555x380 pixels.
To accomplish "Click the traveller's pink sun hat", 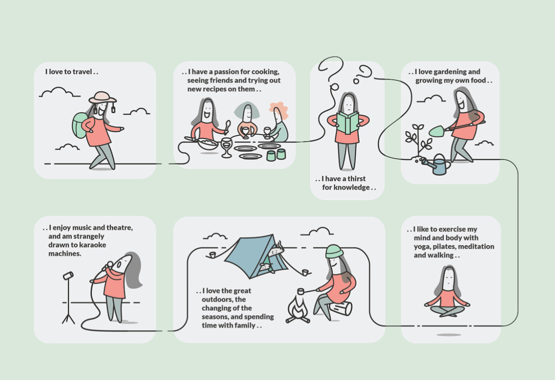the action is pos(102,97).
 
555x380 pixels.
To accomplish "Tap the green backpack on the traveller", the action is pos(79,125).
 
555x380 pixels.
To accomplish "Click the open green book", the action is pos(348,123).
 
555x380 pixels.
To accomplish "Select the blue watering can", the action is pos(437,165).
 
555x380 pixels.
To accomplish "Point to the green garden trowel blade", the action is pos(437,131).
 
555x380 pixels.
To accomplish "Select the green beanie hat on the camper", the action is pos(334,251).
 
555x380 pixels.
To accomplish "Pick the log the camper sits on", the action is pos(341,309).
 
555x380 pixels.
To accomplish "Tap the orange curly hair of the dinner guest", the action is pos(280,110).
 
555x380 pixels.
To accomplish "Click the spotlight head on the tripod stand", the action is pos(69,276).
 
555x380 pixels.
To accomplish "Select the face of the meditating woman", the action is pos(449,280).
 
